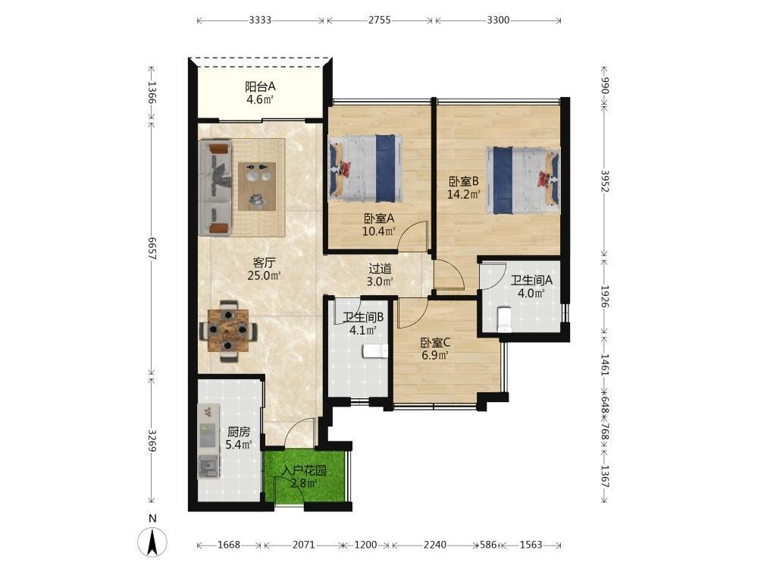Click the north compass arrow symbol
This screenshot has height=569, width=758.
click(153, 542)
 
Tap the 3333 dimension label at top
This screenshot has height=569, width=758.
click(260, 20)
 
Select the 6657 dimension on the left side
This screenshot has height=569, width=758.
click(152, 249)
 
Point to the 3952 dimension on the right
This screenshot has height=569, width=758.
click(605, 181)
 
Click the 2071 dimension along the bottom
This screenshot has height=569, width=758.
click(304, 545)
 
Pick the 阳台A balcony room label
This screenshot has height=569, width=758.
click(260, 86)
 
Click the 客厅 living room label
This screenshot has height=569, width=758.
click(264, 262)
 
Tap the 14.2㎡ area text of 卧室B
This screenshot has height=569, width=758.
click(464, 194)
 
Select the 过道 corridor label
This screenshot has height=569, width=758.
click(380, 269)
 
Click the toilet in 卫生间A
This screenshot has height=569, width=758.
click(504, 319)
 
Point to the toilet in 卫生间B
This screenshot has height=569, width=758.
click(375, 351)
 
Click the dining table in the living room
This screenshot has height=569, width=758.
click(228, 331)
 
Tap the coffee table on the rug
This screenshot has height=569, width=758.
click(257, 186)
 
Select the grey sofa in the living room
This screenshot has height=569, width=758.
click(215, 187)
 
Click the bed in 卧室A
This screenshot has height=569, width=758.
click(365, 168)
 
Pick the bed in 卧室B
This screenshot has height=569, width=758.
click(523, 180)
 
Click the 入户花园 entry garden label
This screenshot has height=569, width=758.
click(304, 470)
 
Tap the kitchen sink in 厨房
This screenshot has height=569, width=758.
click(209, 467)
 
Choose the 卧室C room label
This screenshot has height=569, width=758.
click(435, 343)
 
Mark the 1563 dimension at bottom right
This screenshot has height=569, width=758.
click(531, 545)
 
